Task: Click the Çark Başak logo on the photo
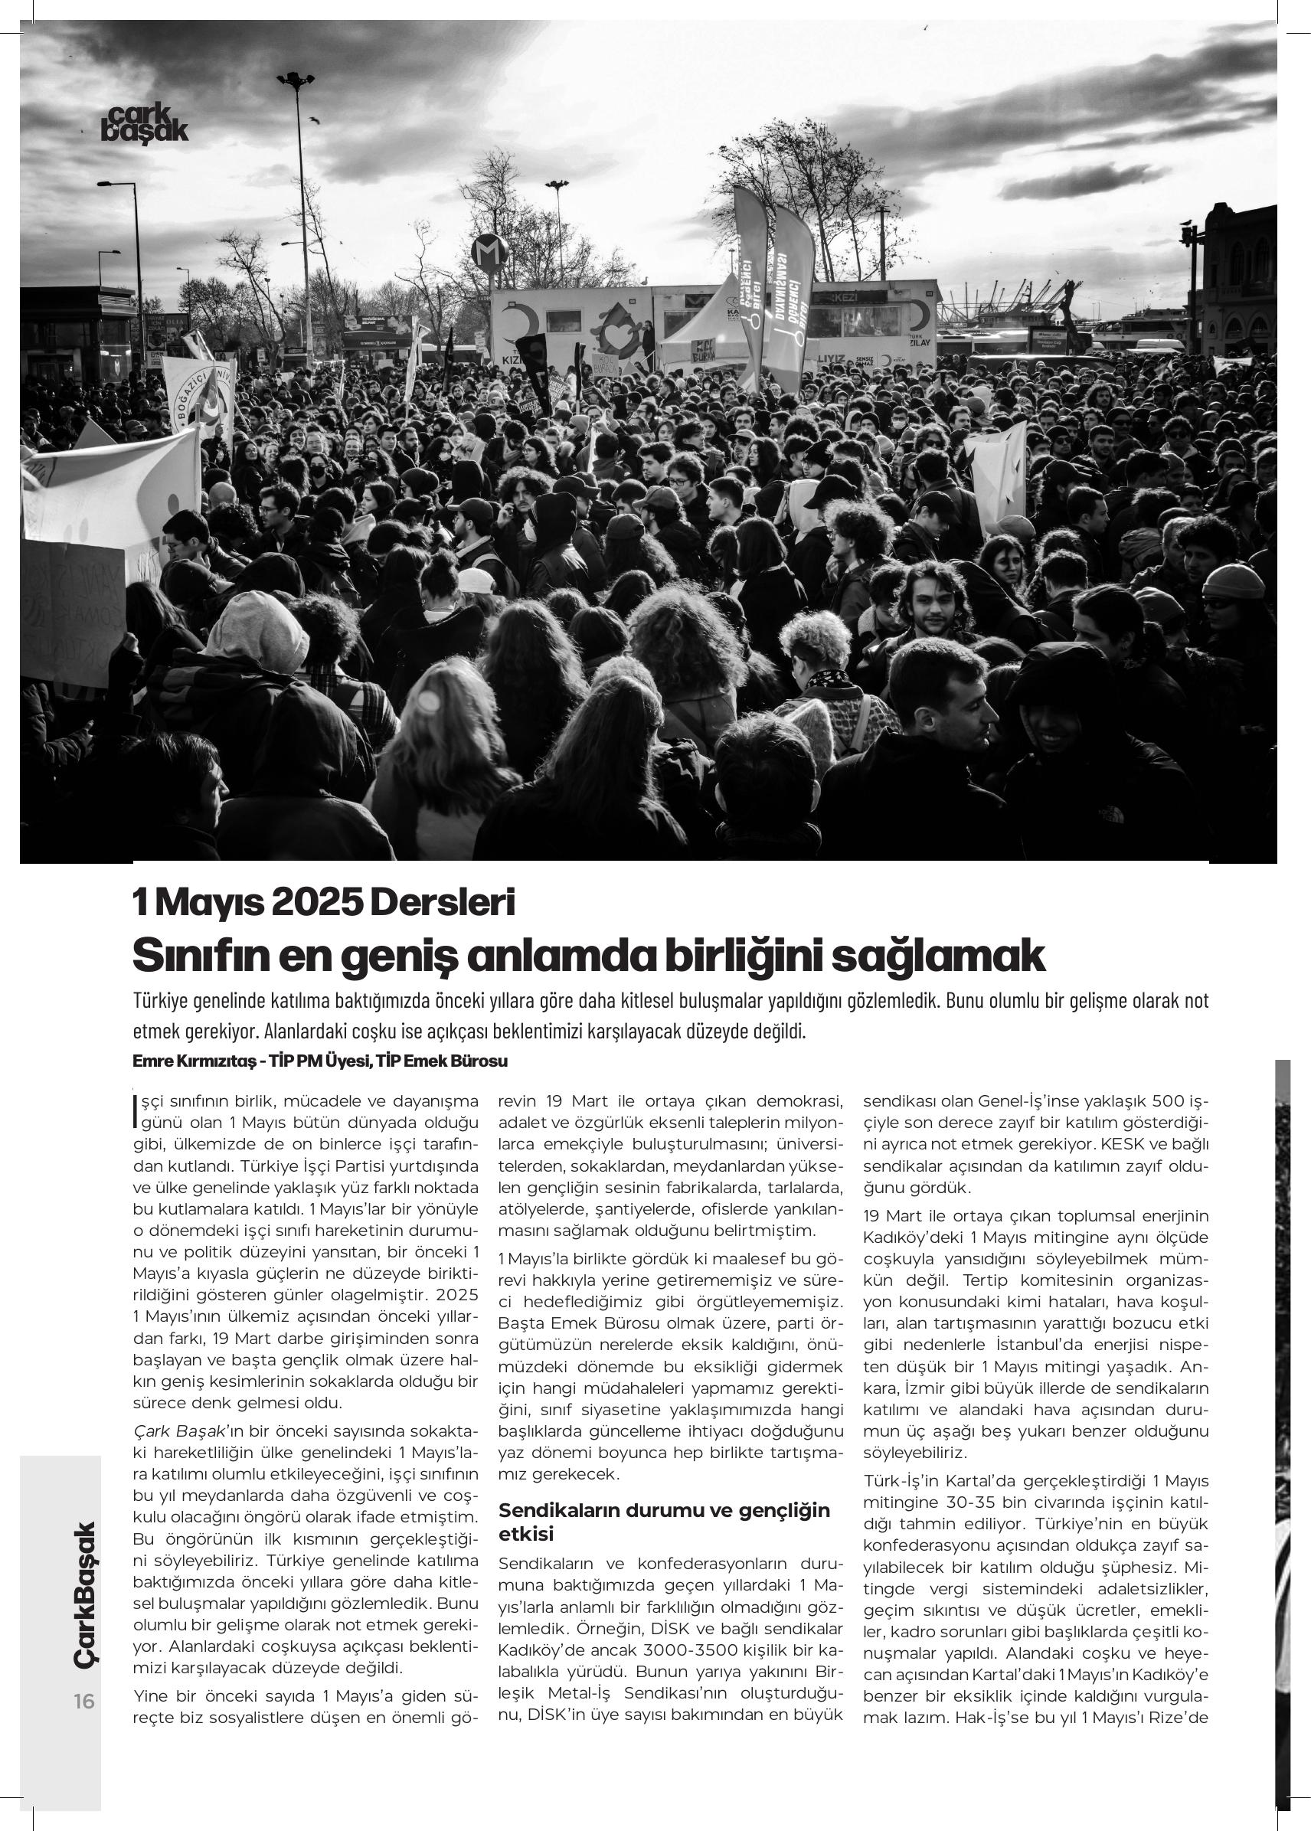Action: click(145, 124)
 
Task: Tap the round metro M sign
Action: click(489, 253)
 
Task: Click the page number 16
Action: click(84, 1701)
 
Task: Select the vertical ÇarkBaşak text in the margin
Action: click(84, 1594)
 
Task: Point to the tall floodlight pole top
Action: click(295, 80)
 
